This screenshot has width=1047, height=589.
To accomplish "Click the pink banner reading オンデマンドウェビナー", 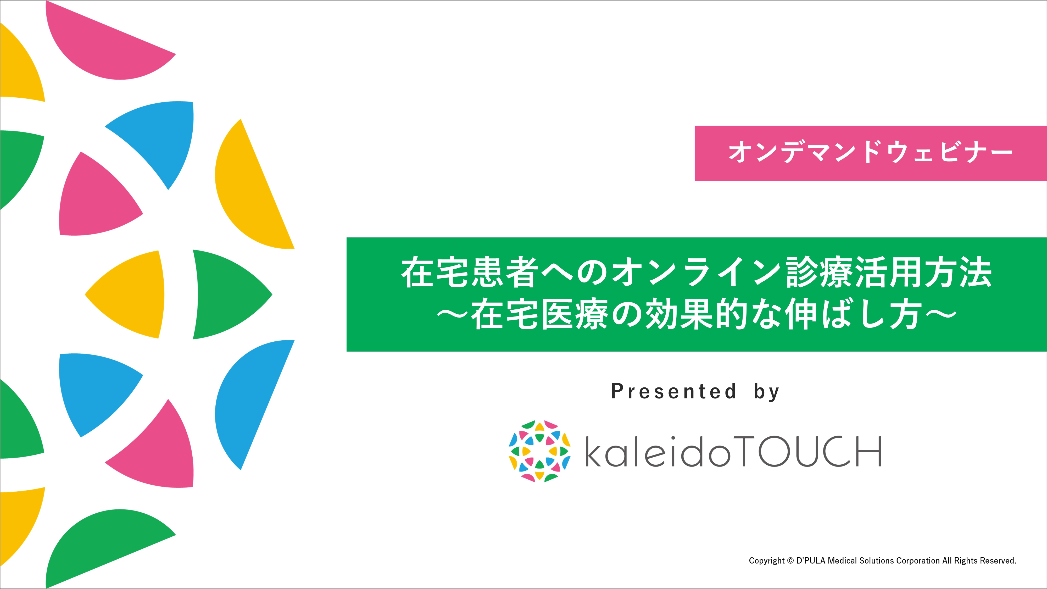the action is pos(871,153).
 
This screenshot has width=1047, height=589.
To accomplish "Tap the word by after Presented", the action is pos(767,392).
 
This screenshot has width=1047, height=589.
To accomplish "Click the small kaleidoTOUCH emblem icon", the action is pos(539,451).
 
